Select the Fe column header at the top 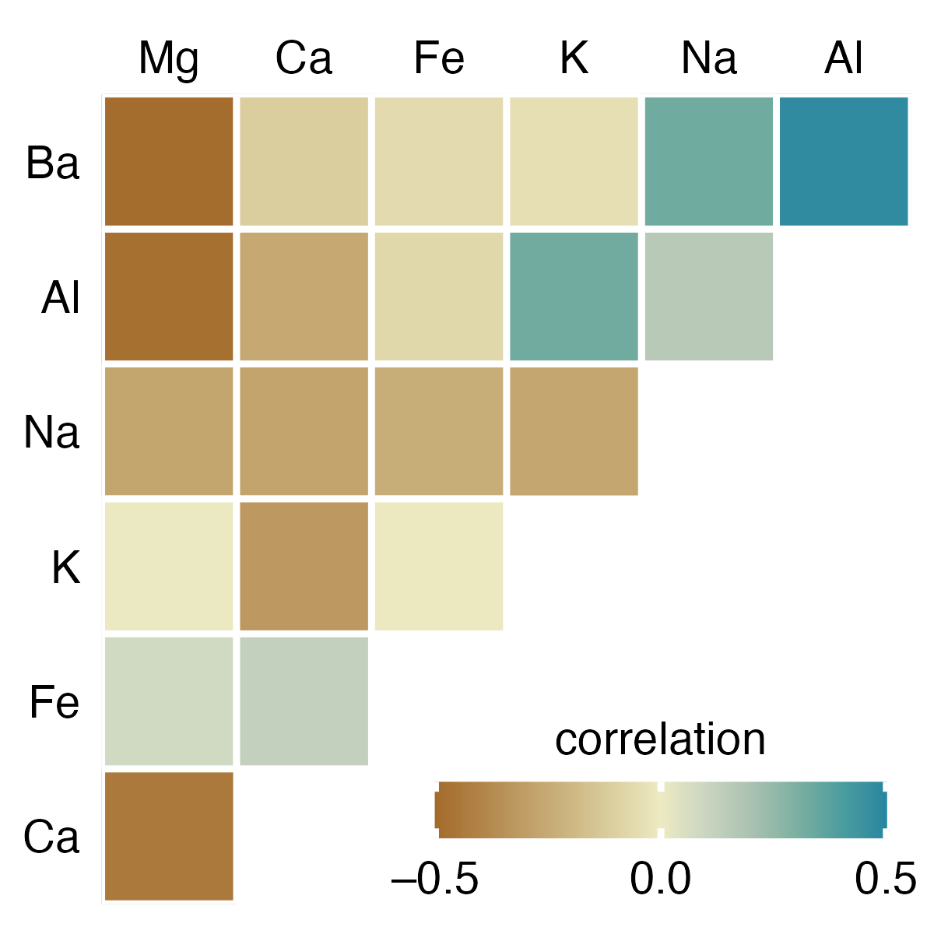tap(439, 58)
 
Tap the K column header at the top tap(574, 58)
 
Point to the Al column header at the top tap(844, 58)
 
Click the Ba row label tap(52, 163)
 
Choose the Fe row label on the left tap(54, 702)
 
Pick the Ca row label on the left tap(51, 837)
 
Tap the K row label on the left tap(66, 567)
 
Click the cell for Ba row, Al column tap(844, 161)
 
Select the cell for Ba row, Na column tap(709, 161)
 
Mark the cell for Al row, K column tap(574, 297)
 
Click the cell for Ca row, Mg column tap(169, 836)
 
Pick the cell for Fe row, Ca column tap(304, 701)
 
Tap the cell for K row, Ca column tap(304, 566)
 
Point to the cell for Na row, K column tap(574, 431)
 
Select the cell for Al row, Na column tap(709, 297)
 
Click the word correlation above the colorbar tap(660, 739)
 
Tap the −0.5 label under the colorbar tap(435, 880)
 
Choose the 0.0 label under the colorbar tap(660, 880)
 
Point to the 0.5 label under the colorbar tap(885, 880)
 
